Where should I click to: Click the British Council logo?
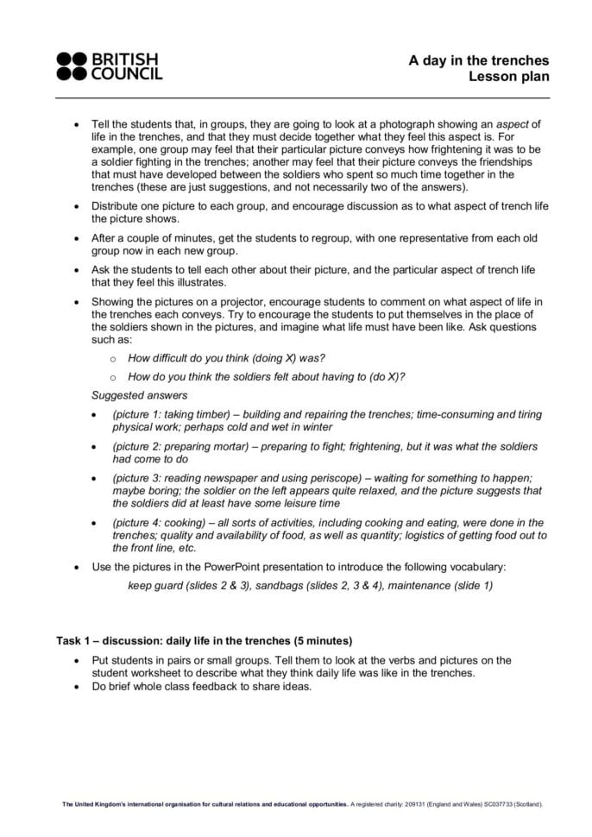point(109,66)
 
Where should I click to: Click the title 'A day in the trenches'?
point(478,60)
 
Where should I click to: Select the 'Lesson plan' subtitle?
point(508,77)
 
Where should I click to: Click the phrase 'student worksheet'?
point(137,673)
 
